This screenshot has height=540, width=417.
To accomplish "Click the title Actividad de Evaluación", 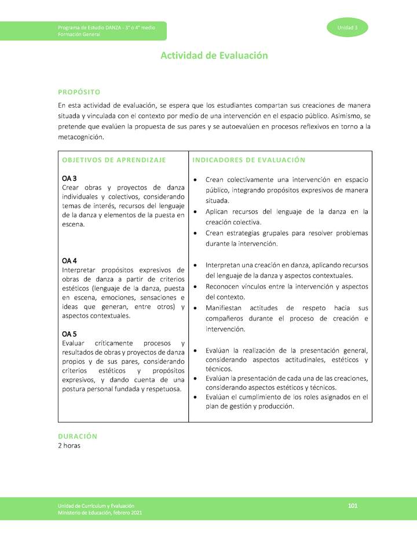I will coord(214,56).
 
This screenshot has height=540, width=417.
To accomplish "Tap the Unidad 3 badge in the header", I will coord(348,28).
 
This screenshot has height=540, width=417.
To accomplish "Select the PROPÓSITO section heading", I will coord(79,92).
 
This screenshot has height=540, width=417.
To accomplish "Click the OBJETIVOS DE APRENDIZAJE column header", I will coord(114,160).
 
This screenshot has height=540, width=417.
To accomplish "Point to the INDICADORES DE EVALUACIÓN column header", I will coord(248,160).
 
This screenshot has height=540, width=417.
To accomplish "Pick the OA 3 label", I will coord(69,178).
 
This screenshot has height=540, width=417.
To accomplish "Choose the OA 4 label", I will coord(69,261).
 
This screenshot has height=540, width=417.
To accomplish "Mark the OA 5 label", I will coord(69,334).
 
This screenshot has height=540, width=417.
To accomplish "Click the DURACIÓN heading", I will coord(78,436).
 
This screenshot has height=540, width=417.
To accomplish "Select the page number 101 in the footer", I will coord(353,506).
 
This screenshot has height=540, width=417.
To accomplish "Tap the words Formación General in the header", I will coord(79,34).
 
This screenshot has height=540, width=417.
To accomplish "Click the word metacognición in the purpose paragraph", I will coord(81,137).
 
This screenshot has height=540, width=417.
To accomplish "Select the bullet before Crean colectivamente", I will coord(197,180).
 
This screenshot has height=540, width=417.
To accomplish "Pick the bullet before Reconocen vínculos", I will coord(197,287).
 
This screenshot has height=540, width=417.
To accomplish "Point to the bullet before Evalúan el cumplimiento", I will coord(197,397).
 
